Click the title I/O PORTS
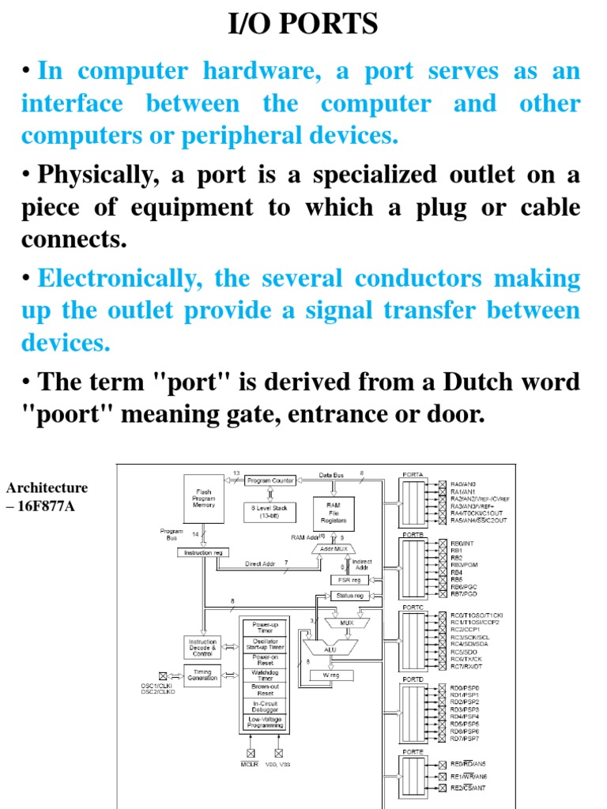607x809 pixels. pos(303,25)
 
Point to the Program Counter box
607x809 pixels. pos(270,480)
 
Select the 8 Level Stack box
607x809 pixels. pos(270,511)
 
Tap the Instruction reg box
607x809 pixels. pos(203,553)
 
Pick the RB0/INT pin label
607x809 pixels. pos(462,543)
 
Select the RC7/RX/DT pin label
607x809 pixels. pos(467,667)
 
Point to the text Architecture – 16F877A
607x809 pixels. pos(46,496)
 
